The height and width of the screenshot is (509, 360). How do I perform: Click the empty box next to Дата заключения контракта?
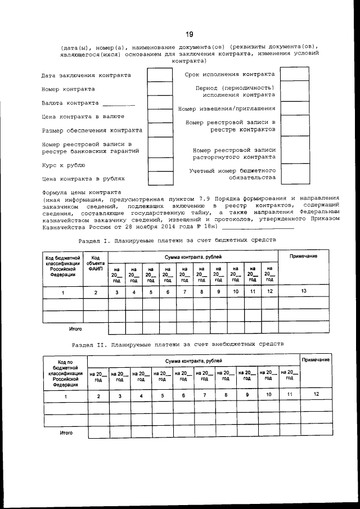pyautogui.click(x=160, y=74)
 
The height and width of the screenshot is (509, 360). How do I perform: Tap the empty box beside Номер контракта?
pyautogui.click(x=160, y=89)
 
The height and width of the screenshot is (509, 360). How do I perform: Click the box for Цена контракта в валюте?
pyautogui.click(x=160, y=116)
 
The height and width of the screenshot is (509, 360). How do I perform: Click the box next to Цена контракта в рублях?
pyautogui.click(x=160, y=179)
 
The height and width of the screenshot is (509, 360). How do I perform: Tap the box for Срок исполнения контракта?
pyautogui.click(x=295, y=74)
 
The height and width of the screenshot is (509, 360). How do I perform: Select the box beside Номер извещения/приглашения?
pyautogui.click(x=295, y=109)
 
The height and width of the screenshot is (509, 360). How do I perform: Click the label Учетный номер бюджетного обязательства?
pyautogui.click(x=232, y=174)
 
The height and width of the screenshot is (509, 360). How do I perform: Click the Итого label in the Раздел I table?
pyautogui.click(x=75, y=328)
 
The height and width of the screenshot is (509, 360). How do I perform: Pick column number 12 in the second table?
pyautogui.click(x=316, y=394)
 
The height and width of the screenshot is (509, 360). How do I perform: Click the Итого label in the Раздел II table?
pyautogui.click(x=66, y=433)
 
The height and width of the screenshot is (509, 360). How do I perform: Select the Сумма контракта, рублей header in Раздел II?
pyautogui.click(x=193, y=359)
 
